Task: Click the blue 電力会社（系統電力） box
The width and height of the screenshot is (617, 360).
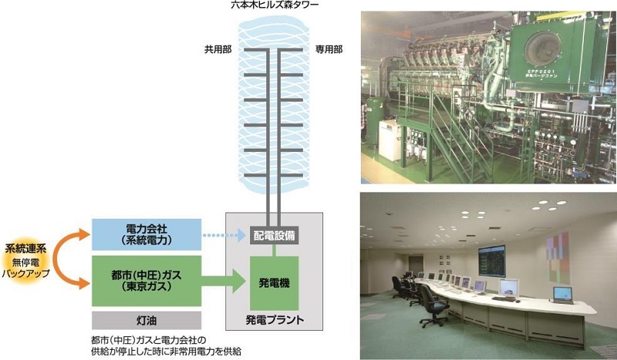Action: coord(146,234)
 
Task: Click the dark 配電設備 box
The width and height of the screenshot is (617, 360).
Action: coord(274,235)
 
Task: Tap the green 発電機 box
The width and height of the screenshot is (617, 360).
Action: coord(274,284)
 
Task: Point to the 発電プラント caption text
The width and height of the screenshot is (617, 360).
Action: coord(275,319)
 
